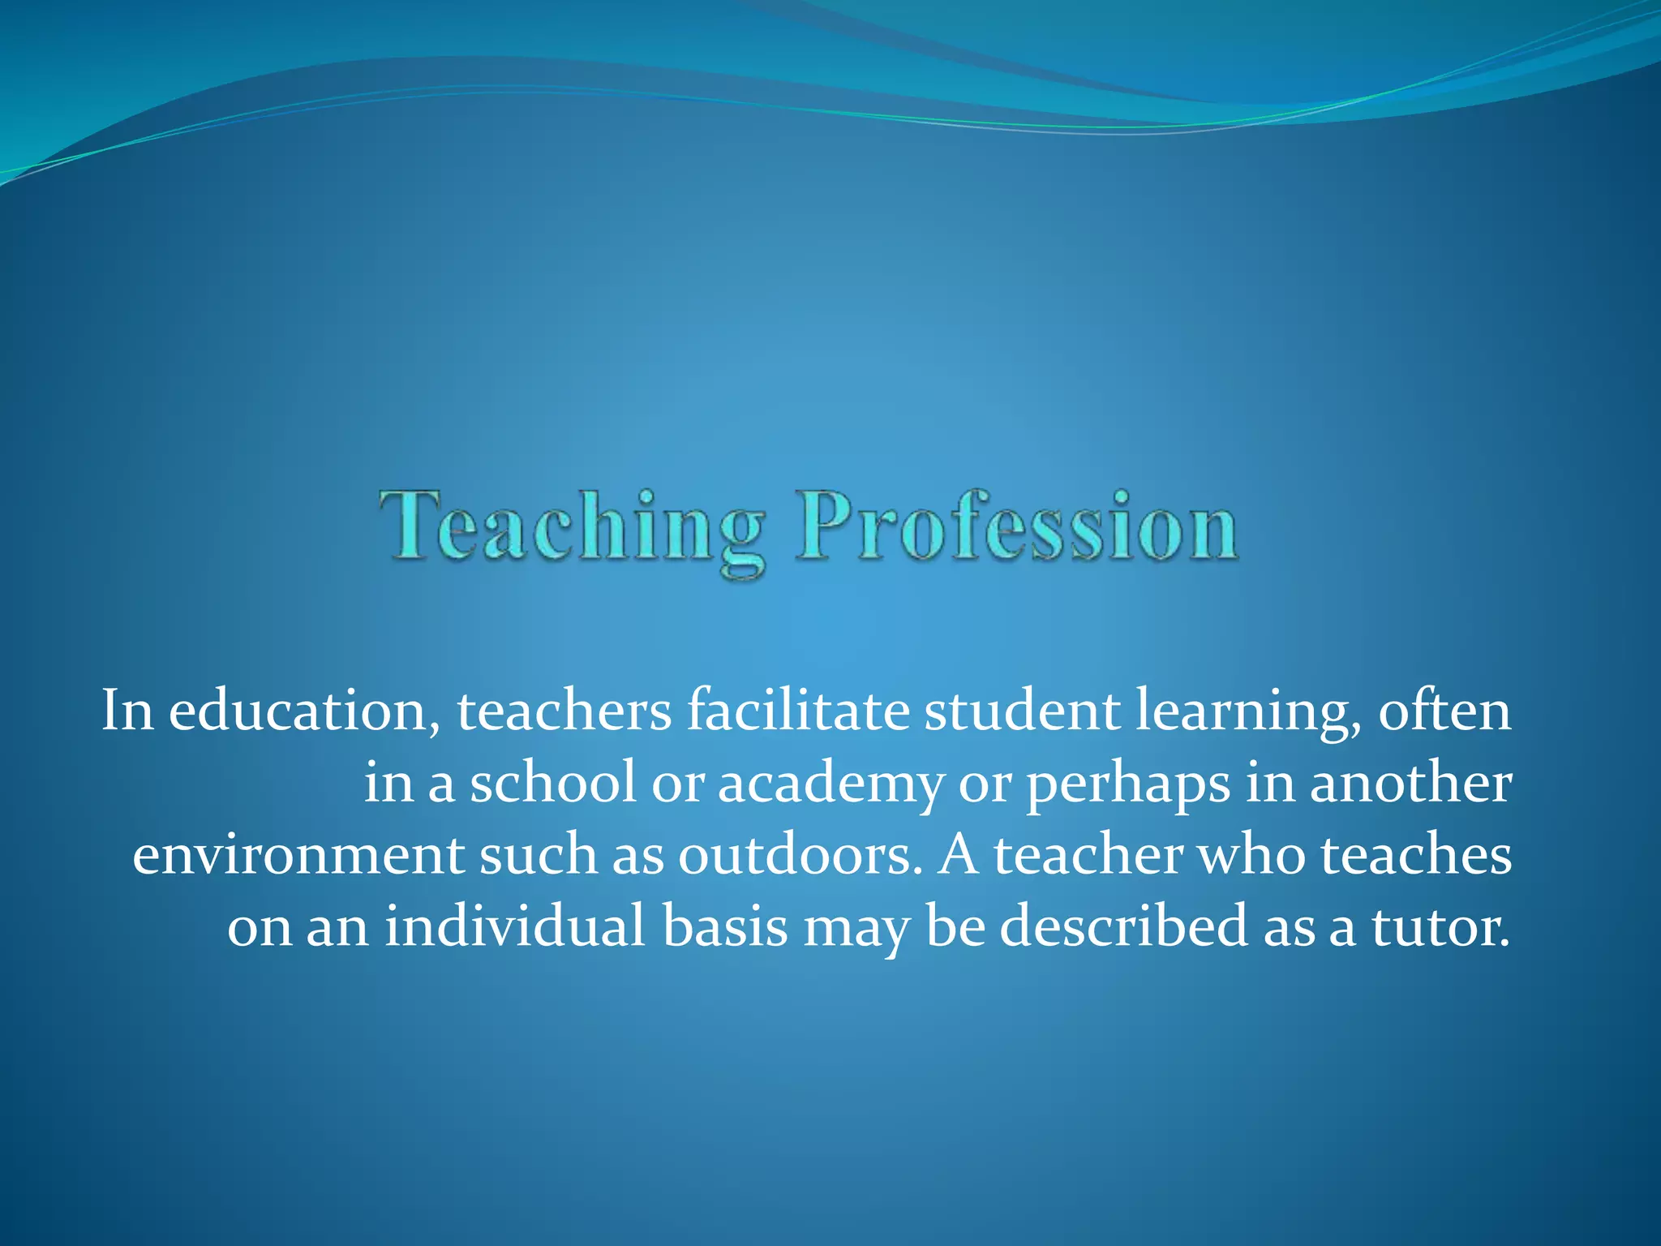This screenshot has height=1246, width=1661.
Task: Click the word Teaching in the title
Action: [572, 527]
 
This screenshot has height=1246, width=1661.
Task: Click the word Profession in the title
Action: [1017, 527]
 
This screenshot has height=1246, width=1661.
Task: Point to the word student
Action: [1021, 711]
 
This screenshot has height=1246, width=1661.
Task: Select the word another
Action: [1410, 784]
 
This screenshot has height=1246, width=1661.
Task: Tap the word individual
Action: [515, 926]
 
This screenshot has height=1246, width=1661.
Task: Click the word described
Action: [1123, 926]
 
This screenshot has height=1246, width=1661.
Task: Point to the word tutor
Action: [1440, 926]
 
